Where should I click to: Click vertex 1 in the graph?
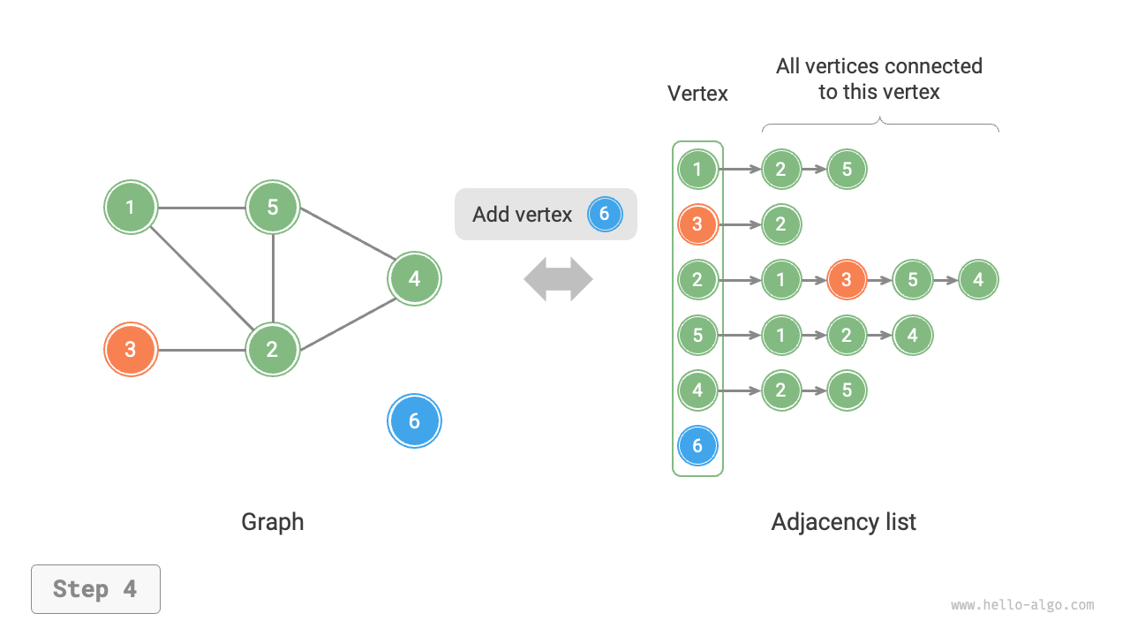(x=131, y=208)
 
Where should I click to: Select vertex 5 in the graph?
(x=273, y=208)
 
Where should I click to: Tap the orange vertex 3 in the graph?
(x=131, y=350)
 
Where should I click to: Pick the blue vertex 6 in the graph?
(x=414, y=421)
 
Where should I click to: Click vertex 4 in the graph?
(x=414, y=279)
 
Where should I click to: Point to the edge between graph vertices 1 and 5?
(x=201, y=208)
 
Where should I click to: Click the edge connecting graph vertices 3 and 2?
(x=201, y=350)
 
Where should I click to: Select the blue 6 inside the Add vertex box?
(x=605, y=214)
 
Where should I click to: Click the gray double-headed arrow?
(x=558, y=279)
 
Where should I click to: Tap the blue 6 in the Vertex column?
(x=697, y=446)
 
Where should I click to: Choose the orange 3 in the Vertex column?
(x=697, y=224)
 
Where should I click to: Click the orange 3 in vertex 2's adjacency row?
(x=847, y=280)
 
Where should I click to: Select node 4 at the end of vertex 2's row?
(x=978, y=280)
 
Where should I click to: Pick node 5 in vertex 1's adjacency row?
(x=847, y=169)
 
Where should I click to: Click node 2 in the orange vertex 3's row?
(x=780, y=224)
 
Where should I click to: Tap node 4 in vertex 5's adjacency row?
(x=912, y=336)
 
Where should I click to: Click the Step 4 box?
(x=95, y=589)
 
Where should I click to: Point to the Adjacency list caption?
(x=843, y=522)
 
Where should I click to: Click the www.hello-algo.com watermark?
(x=1022, y=605)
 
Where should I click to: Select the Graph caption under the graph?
(x=272, y=522)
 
